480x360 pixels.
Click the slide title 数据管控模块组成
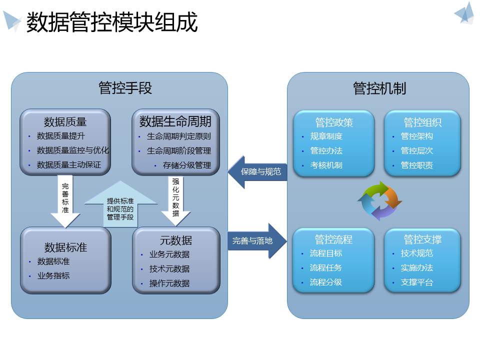click(112, 23)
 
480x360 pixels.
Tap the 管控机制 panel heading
click(379, 88)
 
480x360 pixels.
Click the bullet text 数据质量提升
click(61, 136)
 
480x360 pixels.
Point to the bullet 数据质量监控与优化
click(73, 150)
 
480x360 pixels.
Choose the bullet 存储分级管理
click(187, 165)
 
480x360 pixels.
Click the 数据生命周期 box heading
click(175, 121)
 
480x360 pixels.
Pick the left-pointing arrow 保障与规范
click(258, 172)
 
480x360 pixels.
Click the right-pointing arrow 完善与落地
click(257, 241)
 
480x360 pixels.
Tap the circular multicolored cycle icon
click(379, 201)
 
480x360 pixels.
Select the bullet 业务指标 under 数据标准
click(53, 275)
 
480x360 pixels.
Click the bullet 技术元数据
click(169, 268)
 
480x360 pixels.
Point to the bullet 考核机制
click(326, 165)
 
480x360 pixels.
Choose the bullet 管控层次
click(417, 150)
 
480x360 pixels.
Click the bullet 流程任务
click(326, 267)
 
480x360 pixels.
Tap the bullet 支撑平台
click(417, 282)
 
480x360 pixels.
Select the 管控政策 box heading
click(334, 122)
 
